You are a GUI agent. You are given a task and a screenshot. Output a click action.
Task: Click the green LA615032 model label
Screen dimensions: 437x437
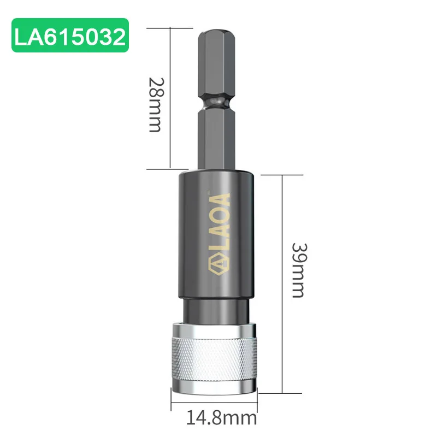(x=70, y=36)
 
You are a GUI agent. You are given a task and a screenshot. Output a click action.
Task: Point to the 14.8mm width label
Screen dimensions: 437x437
(x=221, y=419)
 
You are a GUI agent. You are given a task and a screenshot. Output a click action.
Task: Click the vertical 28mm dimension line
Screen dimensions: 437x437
(x=172, y=98)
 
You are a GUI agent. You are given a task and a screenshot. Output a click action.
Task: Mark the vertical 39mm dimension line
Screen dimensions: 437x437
(x=282, y=284)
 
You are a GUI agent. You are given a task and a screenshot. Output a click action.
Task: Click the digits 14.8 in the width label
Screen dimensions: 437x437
(x=203, y=419)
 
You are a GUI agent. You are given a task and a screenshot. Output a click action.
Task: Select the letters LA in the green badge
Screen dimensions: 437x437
(x=28, y=36)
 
